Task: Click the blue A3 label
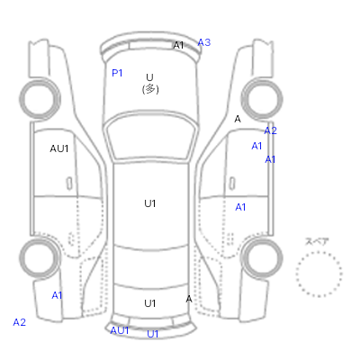(x=204, y=42)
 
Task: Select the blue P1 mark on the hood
(x=117, y=73)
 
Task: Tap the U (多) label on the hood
(x=150, y=84)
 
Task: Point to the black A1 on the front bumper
(x=178, y=45)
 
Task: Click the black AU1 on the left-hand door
(x=59, y=148)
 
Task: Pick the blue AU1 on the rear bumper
(x=120, y=330)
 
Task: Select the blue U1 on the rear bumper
(x=152, y=334)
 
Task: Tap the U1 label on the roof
(x=150, y=203)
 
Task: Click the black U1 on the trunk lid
(x=150, y=303)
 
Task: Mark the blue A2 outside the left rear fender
(x=20, y=322)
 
